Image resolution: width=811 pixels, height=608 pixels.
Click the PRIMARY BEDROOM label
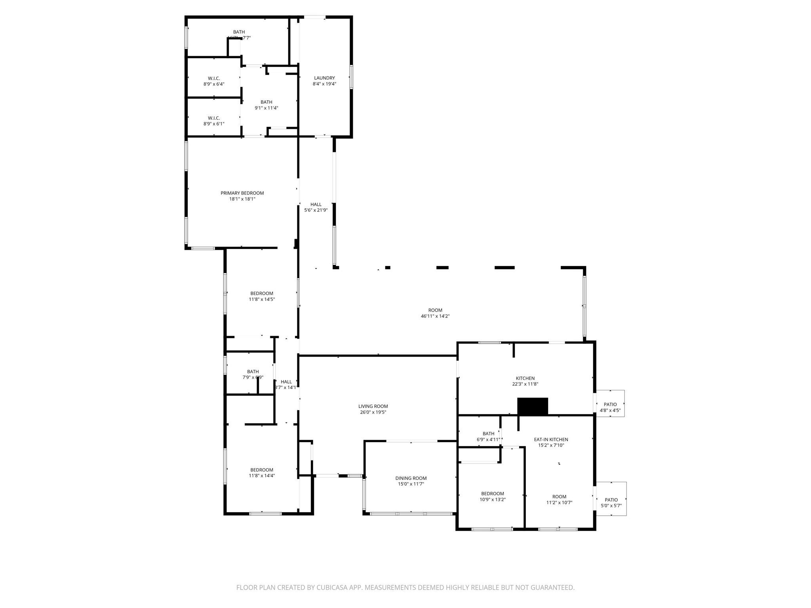(x=242, y=193)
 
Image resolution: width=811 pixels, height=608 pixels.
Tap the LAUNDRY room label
(x=324, y=78)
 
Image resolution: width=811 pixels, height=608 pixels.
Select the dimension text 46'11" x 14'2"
(x=435, y=316)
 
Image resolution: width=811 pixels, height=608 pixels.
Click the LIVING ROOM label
(x=373, y=406)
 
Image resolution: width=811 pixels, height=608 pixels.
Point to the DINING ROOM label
(x=411, y=478)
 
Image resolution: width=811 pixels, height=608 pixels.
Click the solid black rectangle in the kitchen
(x=533, y=407)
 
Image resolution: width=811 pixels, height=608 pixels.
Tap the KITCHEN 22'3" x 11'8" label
(x=525, y=381)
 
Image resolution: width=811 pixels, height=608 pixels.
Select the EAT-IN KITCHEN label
(x=551, y=439)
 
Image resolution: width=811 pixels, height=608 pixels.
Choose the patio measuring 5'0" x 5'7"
(x=611, y=503)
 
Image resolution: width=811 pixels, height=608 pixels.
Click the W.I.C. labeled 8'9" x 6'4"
(x=214, y=81)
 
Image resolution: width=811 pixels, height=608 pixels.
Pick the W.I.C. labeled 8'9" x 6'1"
(x=214, y=121)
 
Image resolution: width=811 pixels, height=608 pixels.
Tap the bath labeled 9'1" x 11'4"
(x=266, y=105)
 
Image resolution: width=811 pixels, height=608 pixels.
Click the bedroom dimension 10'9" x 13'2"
(x=492, y=500)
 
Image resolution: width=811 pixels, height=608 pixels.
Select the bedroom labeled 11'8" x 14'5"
(x=261, y=296)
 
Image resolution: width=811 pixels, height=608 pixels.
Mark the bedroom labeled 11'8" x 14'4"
(x=261, y=473)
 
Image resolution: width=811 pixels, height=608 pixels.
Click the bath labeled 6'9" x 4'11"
(x=488, y=437)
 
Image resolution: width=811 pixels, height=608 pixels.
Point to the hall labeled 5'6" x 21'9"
(x=316, y=207)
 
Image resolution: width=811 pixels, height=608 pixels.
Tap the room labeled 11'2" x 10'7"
(x=559, y=500)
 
